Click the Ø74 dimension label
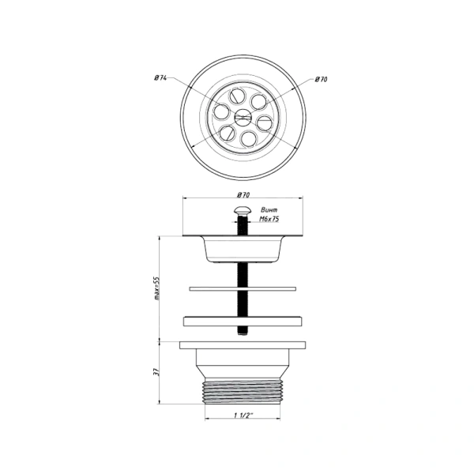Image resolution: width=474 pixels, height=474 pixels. pyautogui.click(x=160, y=78)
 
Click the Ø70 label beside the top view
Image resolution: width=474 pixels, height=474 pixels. pyautogui.click(x=321, y=80)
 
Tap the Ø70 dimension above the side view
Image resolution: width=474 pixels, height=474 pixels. pyautogui.click(x=243, y=195)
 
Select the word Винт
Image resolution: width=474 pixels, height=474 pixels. pyautogui.click(x=269, y=210)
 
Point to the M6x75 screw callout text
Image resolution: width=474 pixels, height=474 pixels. pyautogui.click(x=269, y=219)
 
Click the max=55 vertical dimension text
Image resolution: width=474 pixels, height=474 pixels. pyautogui.click(x=157, y=288)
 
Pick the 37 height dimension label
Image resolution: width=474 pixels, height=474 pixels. pyautogui.click(x=156, y=372)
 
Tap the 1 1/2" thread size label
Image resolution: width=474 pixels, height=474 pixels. pyautogui.click(x=243, y=415)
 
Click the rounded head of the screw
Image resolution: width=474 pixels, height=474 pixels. pyautogui.click(x=243, y=209)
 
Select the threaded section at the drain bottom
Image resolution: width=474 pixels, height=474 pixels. pyautogui.click(x=243, y=392)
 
